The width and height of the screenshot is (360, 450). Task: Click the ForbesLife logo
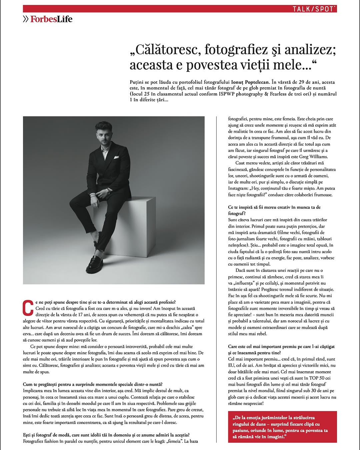pos(51,19)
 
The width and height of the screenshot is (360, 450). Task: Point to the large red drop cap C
pos(28,308)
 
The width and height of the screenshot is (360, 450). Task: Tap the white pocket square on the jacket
pos(116,157)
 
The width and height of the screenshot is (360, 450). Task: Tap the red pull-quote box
pos(282,427)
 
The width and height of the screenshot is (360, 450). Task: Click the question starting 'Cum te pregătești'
pos(93,384)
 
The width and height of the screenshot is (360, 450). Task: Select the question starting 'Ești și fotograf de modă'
pos(106,435)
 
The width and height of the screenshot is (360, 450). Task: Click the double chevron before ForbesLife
pos(26,19)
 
